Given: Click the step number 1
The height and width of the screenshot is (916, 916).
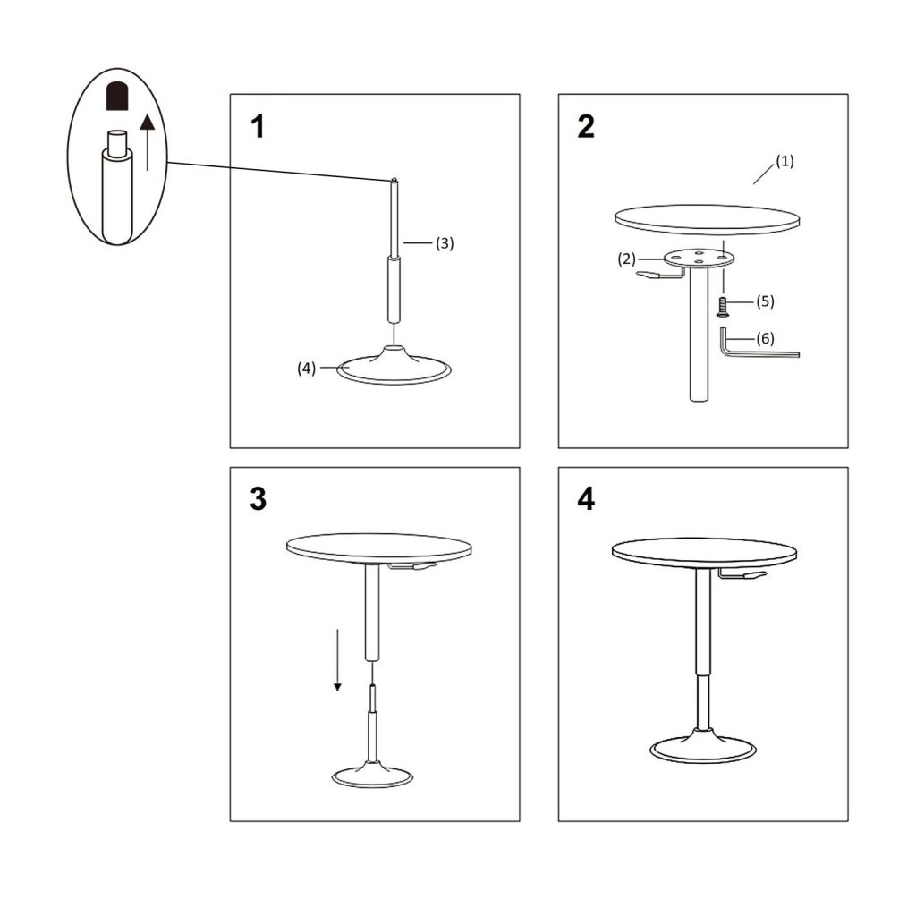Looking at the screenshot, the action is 258,127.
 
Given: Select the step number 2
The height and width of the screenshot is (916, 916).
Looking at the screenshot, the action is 586,127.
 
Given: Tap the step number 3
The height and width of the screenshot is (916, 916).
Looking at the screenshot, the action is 258,499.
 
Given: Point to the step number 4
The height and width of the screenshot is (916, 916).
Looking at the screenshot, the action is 586,499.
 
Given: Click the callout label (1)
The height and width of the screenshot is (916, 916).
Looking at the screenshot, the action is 785,161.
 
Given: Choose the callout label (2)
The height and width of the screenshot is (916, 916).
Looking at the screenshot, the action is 627,259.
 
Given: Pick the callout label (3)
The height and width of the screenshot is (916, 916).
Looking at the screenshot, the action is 445,243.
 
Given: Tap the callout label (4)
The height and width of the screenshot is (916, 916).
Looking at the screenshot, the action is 307,368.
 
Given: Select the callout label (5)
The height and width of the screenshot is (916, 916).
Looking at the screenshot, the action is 766,301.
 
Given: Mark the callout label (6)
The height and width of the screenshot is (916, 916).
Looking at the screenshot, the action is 766,338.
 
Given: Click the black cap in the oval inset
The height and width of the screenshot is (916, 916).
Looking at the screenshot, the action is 117,97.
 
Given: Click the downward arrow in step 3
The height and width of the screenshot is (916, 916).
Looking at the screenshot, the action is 337,659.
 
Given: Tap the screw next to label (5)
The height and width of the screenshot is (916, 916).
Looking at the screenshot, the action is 723,307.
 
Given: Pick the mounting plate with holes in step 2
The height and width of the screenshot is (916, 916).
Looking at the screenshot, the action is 698,257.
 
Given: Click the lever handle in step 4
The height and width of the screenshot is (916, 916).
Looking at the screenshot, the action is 743,576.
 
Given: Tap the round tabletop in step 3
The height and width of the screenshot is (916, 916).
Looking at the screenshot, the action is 379,547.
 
